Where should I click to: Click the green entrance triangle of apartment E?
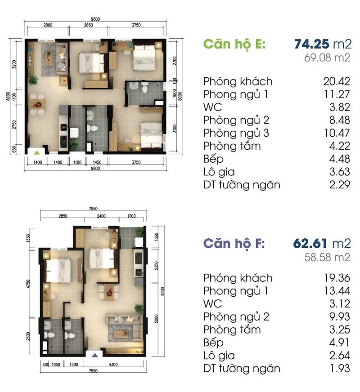coord(37,152)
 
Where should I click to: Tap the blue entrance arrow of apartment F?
coord(94,355)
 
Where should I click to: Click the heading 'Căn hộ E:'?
coord(234,44)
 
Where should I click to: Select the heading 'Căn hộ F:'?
coord(234,244)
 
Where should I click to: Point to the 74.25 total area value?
coord(312,44)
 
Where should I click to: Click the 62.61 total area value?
coord(310,243)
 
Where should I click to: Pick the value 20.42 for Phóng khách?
coord(337,81)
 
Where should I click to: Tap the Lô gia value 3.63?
coord(339,172)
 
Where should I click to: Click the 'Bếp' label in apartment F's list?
coord(213,343)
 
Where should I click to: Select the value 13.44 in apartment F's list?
coord(337,291)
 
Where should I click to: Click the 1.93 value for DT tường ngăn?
coord(339,368)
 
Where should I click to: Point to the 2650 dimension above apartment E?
coord(89,25)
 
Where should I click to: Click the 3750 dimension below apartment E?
coord(136,162)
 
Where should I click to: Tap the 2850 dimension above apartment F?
coord(63,216)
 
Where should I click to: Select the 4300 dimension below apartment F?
coord(113,365)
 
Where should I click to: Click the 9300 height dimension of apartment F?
coord(162,291)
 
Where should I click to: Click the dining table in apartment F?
coord(108,292)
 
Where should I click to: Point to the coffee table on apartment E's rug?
coord(49,59)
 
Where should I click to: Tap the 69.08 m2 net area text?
coord(327,58)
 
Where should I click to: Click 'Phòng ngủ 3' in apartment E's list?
coord(236,133)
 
